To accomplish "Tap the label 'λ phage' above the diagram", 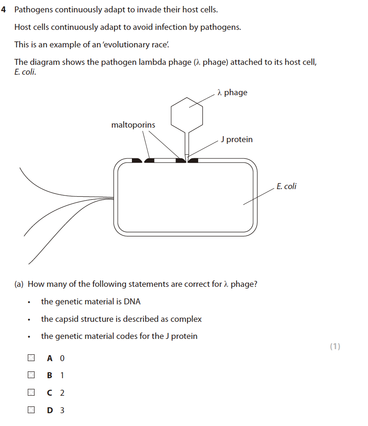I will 232,92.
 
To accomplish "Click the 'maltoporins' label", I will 133,125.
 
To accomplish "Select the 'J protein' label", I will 237,140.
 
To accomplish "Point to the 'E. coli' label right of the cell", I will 286,186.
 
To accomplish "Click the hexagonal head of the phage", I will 187,112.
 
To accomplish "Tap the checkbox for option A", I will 31,358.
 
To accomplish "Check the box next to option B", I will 31,375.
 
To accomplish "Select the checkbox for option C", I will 31,393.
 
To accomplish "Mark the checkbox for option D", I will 31,410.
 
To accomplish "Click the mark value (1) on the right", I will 335,347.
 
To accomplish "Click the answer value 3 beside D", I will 62,411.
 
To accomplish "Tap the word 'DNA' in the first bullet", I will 132,302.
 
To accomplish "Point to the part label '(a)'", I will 19,284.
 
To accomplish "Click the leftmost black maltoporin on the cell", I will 137,160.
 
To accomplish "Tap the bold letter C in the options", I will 50,393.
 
